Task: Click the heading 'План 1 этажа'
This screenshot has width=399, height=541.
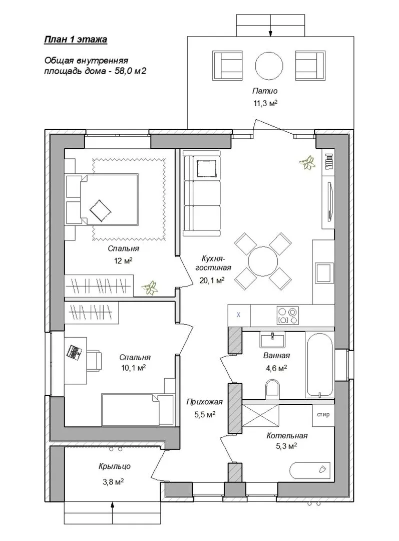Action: point(76,40)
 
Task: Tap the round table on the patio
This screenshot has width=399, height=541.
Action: point(269,66)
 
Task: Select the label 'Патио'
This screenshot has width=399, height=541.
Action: point(265,91)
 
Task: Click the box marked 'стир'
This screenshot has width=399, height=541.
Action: point(323,414)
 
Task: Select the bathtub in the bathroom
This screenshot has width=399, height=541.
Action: point(319,365)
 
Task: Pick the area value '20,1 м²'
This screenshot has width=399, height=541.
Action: point(212,281)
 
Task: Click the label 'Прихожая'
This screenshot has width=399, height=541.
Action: point(204,402)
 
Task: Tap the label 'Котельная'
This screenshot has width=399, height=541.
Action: point(287,436)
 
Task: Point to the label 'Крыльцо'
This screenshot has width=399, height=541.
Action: point(115,466)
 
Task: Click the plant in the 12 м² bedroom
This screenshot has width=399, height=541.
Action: point(150,288)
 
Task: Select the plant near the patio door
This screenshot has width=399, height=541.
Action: point(307,163)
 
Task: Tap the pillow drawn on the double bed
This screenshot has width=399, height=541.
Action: point(100,210)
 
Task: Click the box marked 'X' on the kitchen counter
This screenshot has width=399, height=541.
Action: point(239,315)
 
